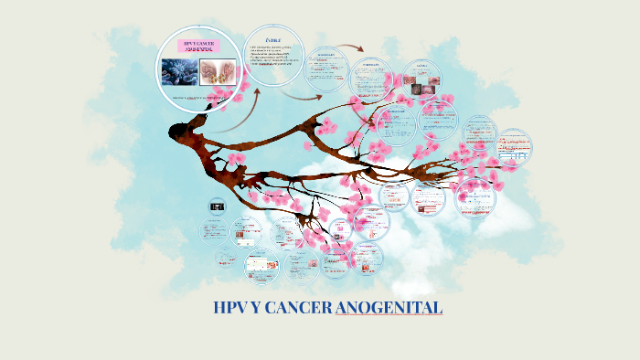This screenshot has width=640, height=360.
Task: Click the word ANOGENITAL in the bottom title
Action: point(389,308)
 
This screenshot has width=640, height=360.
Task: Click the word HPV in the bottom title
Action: point(229,308)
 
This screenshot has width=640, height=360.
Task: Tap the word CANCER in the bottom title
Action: point(298,308)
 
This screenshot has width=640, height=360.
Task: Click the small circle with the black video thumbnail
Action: point(217,207)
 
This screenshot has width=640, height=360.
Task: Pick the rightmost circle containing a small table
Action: point(516,152)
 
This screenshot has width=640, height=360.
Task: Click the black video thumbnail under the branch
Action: point(217,206)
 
